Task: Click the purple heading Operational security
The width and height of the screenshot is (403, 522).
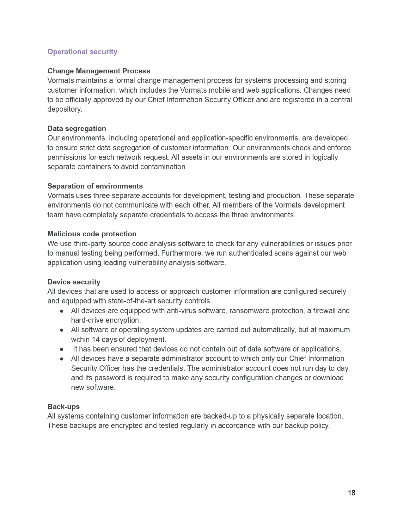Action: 82,52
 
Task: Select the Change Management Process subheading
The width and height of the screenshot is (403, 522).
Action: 99,71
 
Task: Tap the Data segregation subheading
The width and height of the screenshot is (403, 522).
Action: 76,128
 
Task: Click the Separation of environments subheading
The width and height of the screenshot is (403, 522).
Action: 95,186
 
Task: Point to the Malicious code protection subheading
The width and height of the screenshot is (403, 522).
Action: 92,234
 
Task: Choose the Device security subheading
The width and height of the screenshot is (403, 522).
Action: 74,282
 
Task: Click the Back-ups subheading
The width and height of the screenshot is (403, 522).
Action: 63,407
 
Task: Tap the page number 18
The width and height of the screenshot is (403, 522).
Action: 351,493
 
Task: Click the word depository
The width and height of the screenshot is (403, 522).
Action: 64,109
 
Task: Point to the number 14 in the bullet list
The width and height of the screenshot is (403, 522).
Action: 95,340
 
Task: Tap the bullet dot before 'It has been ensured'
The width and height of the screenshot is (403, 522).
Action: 62,349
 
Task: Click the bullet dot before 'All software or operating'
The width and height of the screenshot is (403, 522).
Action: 62,330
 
